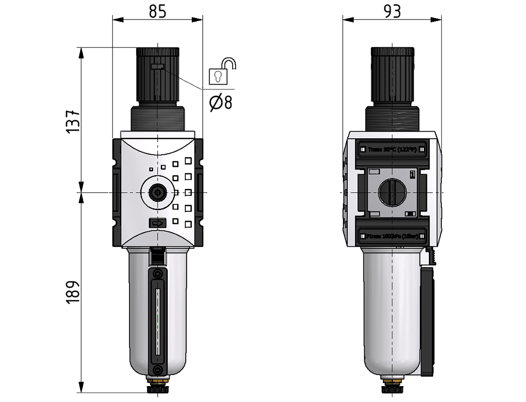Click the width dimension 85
158,11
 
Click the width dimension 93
393,11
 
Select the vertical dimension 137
73,121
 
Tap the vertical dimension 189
73,291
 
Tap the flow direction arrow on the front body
157,223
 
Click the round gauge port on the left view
158,192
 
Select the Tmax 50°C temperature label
392,149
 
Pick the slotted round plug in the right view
392,192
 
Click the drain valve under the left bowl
158,387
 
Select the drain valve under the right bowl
392,387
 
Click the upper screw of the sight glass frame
158,274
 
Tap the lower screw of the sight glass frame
158,370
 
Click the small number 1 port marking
412,174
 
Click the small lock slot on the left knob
157,67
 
